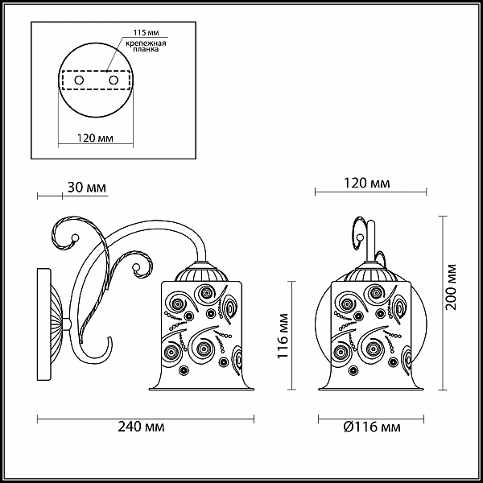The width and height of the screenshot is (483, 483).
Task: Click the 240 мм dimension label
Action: (141, 427)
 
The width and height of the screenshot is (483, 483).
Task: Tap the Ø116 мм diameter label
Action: (372, 427)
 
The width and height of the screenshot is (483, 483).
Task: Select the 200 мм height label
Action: (452, 287)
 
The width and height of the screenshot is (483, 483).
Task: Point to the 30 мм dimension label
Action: (87, 188)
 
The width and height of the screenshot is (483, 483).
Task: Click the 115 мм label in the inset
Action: (146, 33)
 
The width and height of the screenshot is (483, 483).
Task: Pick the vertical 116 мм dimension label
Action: (283, 336)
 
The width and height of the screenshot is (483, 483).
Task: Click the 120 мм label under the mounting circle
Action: (95, 138)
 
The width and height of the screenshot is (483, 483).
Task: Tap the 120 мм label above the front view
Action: (366, 184)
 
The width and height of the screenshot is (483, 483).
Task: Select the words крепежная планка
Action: (146, 46)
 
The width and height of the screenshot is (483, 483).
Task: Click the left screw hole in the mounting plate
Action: (79, 80)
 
